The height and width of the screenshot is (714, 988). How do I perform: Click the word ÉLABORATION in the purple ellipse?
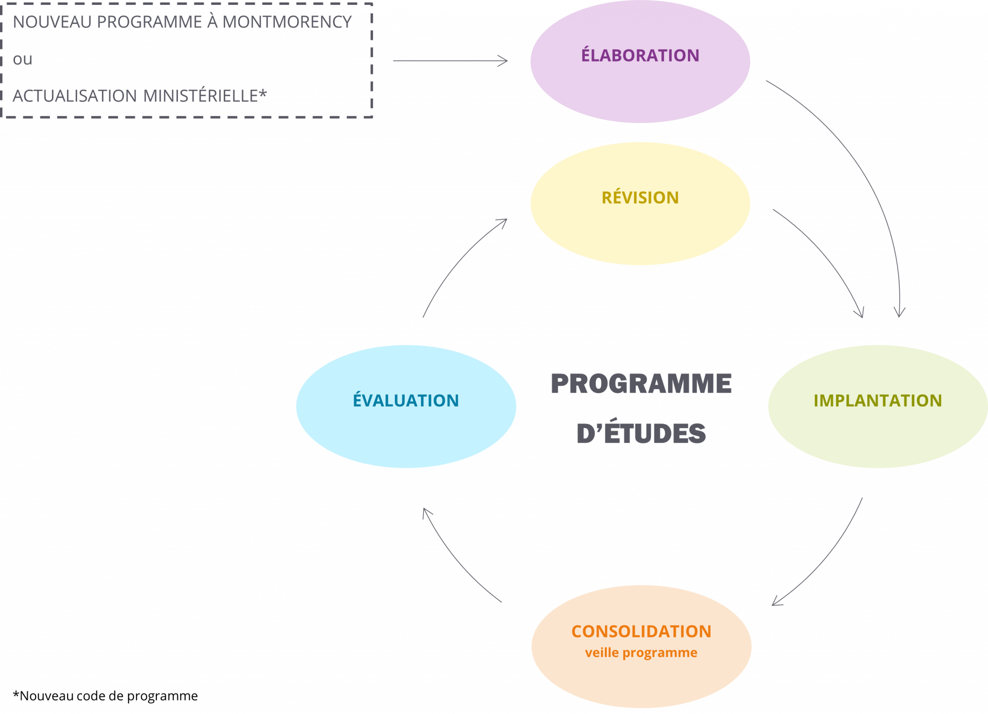(x=640, y=55)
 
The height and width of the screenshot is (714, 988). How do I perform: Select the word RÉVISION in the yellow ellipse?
(x=640, y=197)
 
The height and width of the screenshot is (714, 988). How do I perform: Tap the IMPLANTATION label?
(x=877, y=400)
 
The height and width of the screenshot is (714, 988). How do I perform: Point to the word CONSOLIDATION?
(x=641, y=631)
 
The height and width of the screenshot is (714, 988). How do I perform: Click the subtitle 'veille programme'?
(x=641, y=653)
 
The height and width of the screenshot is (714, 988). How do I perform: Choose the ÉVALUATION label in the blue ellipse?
(x=406, y=400)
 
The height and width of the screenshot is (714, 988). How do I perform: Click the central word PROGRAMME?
(x=641, y=384)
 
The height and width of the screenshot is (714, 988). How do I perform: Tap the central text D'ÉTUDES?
(x=641, y=432)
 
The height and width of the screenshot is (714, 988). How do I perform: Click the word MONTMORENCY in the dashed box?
(x=287, y=22)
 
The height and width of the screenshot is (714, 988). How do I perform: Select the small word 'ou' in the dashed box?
(x=22, y=59)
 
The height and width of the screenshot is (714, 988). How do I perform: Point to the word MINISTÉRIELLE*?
(x=205, y=95)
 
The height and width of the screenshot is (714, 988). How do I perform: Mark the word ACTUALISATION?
(x=75, y=96)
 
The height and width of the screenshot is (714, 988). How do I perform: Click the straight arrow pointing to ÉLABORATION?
(x=450, y=61)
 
